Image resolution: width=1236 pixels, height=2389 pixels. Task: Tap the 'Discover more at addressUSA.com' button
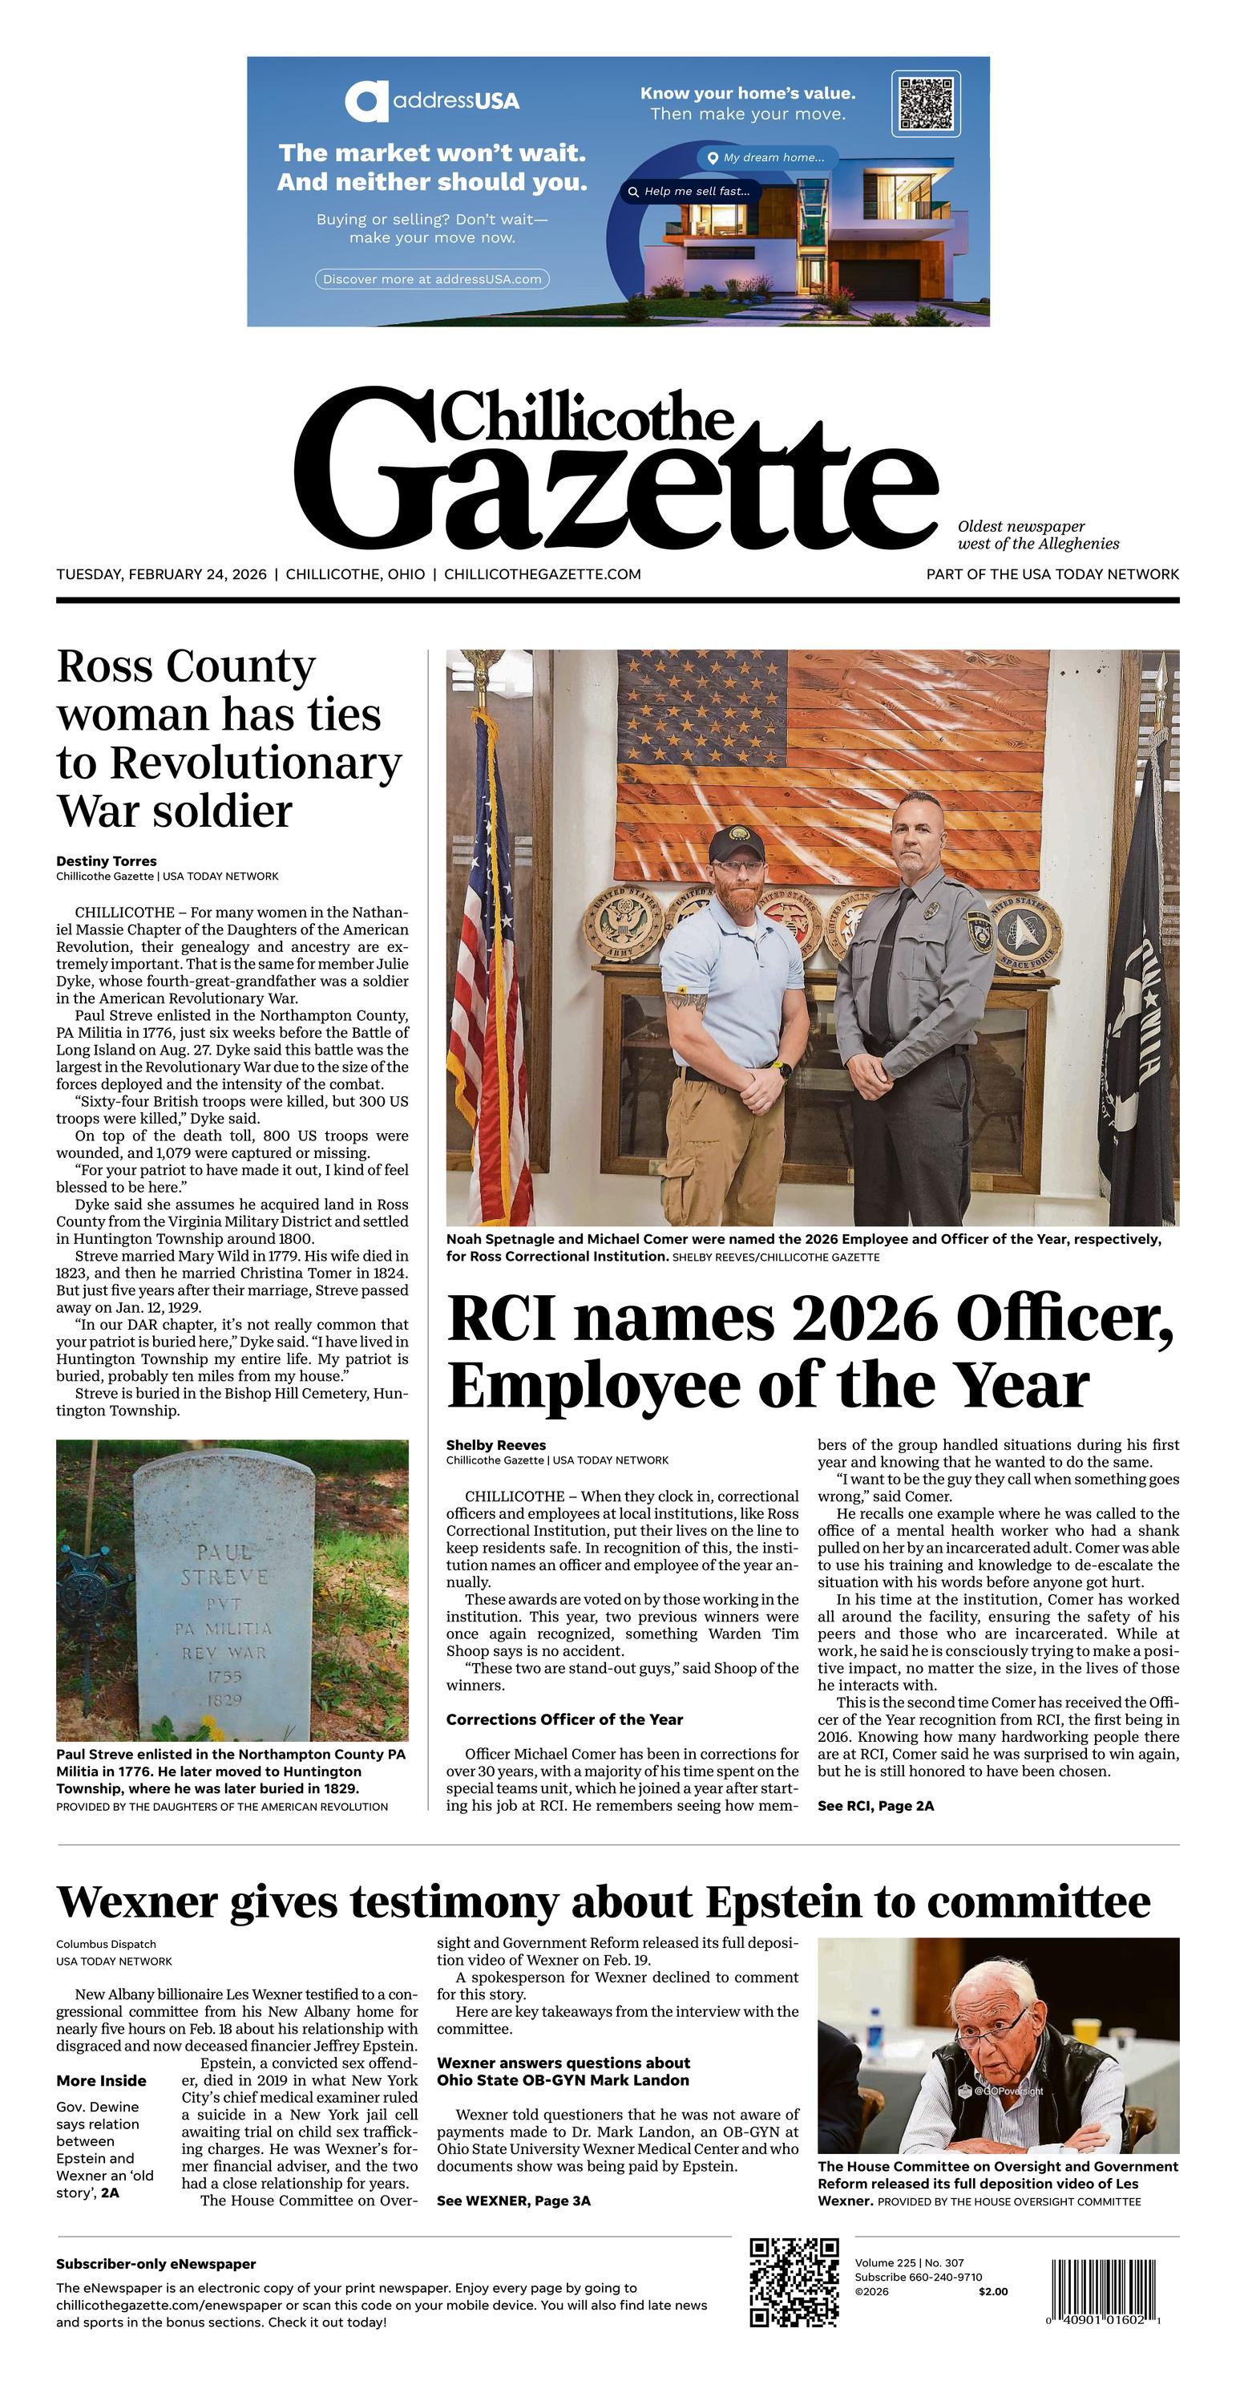coord(432,279)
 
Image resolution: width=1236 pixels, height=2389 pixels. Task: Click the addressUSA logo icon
coord(366,101)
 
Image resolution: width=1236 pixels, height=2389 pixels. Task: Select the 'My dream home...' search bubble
coord(767,158)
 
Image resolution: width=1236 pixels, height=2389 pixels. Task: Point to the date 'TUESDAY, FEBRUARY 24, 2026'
coord(161,574)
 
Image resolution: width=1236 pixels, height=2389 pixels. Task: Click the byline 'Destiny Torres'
coord(107,860)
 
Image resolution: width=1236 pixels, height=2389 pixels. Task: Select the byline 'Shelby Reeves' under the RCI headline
coord(496,1445)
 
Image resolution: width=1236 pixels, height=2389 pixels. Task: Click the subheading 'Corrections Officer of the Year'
coord(563,1719)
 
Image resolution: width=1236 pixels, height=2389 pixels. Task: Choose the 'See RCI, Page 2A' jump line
coord(875,1806)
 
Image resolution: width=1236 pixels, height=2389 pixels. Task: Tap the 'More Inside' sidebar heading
coord(101,2080)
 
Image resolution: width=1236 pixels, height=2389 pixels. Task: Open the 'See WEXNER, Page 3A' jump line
coord(514,2201)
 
